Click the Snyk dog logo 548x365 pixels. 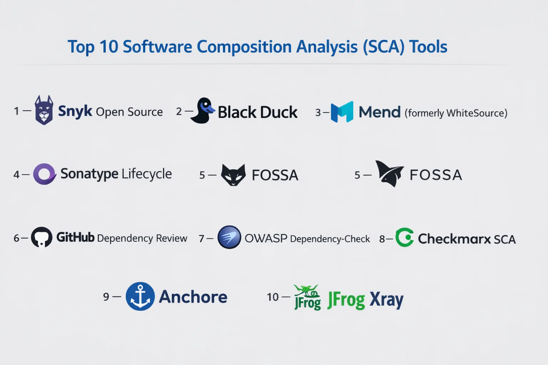point(44,110)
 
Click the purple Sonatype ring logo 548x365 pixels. point(45,174)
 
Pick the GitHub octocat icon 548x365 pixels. point(41,237)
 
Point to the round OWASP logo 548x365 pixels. point(229,237)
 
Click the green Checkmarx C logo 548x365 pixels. point(405,237)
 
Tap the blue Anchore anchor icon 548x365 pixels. point(140,296)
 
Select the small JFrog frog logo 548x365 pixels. point(307,297)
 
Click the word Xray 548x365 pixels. point(386,299)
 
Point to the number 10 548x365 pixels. point(273,297)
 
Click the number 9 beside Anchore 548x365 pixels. point(106,297)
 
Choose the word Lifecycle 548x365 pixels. point(147,174)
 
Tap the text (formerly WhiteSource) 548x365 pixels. point(456,113)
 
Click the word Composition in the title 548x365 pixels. point(244,47)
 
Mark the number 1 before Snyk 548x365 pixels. point(16,111)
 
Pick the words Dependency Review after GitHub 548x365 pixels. point(142,238)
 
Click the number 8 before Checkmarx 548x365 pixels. point(382,239)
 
